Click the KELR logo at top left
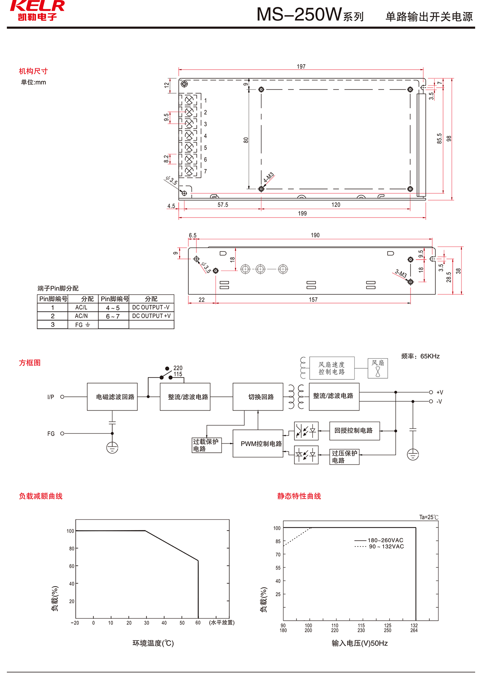(37, 10)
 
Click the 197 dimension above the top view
(301, 66)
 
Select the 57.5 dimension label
(223, 205)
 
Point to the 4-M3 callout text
(269, 177)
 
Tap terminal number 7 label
(205, 172)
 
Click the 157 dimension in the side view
(313, 299)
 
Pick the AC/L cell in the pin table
(81, 308)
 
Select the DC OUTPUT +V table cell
(151, 316)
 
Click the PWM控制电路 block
(261, 444)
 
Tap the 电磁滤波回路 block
(112, 397)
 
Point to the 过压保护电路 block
(344, 457)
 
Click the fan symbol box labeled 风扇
(378, 368)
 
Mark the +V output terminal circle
(431, 392)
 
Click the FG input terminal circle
(62, 433)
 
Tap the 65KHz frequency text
(430, 356)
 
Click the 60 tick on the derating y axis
(71, 566)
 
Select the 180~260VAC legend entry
(385, 540)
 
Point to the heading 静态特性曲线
(299, 496)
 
